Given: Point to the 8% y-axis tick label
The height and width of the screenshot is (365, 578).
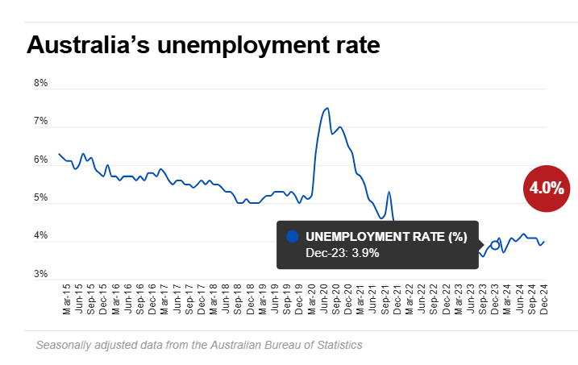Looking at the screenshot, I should [40, 83].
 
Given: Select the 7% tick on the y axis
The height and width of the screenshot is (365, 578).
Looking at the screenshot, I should [40, 122].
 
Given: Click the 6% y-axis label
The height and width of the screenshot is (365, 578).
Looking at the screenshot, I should [40, 160].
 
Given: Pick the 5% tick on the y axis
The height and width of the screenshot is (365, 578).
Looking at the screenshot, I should [40, 198].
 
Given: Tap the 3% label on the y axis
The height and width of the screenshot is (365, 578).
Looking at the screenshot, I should [40, 275].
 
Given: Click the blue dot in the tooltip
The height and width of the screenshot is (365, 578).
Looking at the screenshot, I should [293, 236].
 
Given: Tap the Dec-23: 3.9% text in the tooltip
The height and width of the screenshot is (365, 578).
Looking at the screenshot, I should [342, 253].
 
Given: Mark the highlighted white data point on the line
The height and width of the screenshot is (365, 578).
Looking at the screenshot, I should [495, 244].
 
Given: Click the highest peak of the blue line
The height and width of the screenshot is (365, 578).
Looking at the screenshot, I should [326, 108].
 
